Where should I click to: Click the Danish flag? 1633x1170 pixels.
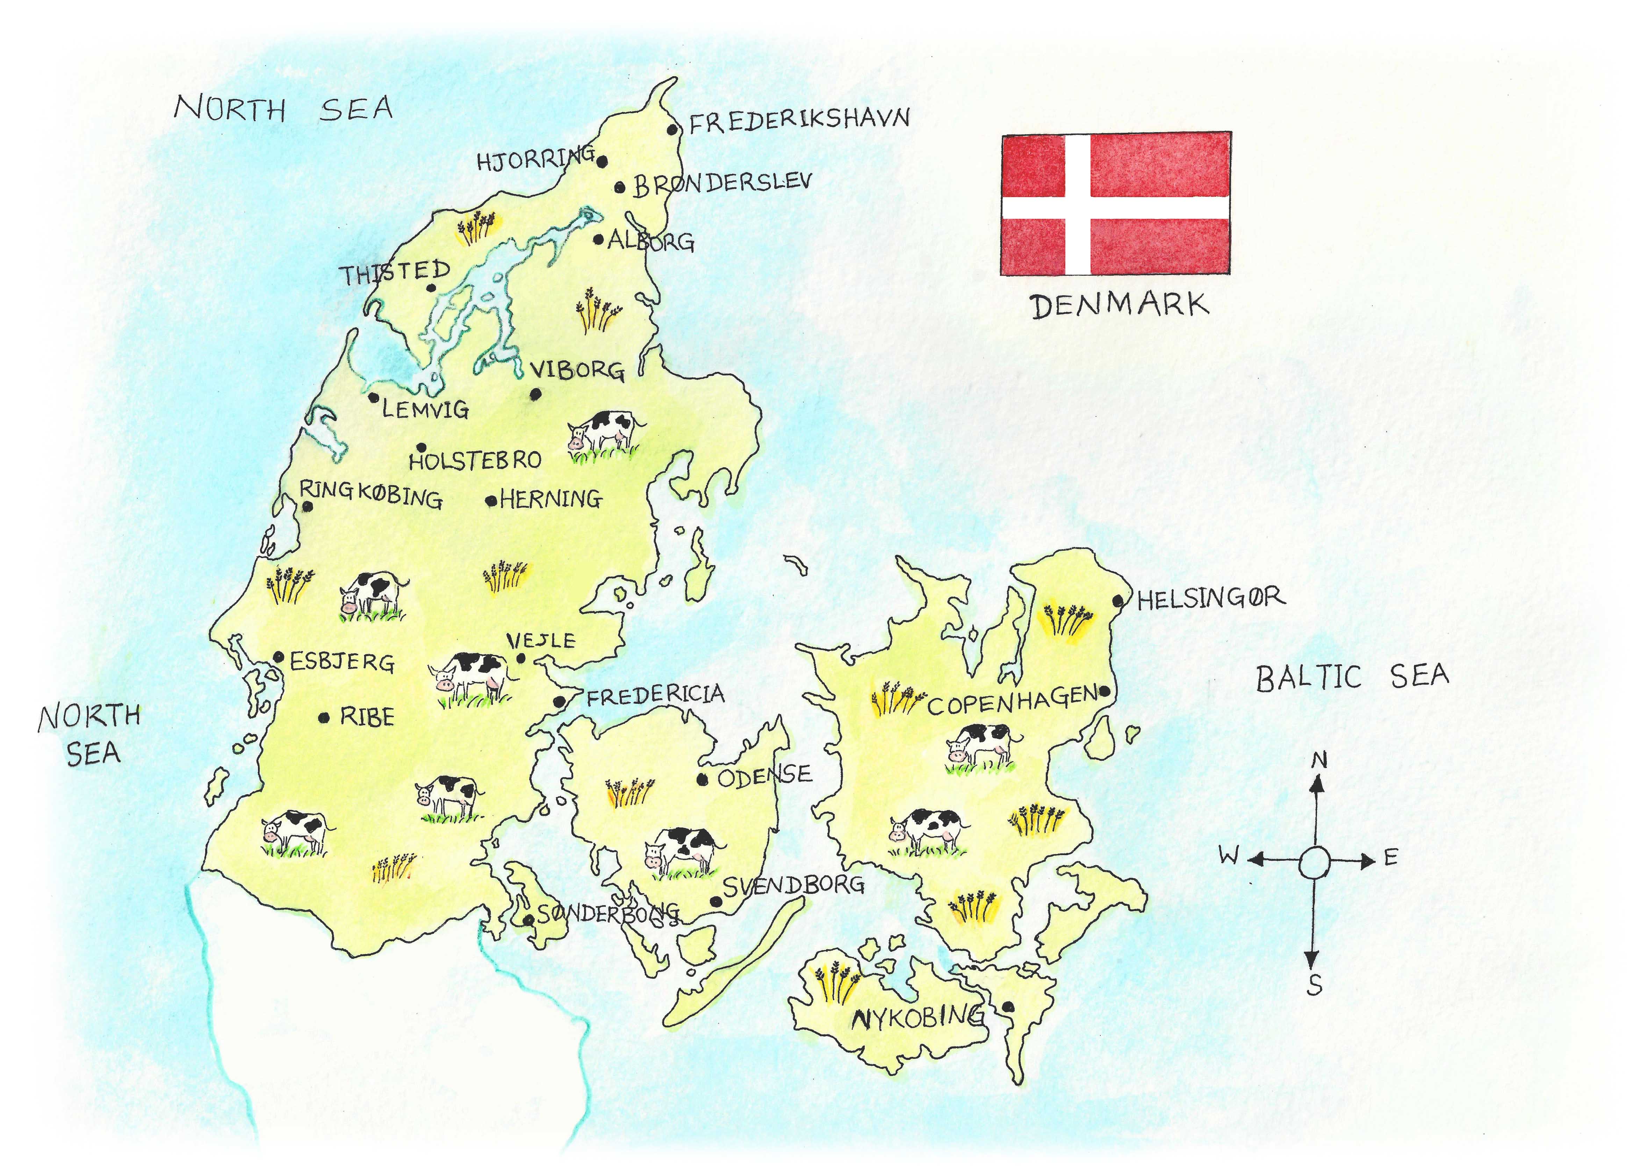pyautogui.click(x=1115, y=204)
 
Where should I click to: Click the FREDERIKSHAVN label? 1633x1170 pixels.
pyautogui.click(x=799, y=120)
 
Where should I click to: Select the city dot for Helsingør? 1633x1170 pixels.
pyautogui.click(x=1117, y=600)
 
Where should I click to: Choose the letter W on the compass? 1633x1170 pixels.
pyautogui.click(x=1228, y=855)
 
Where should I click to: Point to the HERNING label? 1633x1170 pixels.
pyautogui.click(x=551, y=499)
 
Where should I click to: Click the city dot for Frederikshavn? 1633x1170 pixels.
pyautogui.click(x=672, y=130)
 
